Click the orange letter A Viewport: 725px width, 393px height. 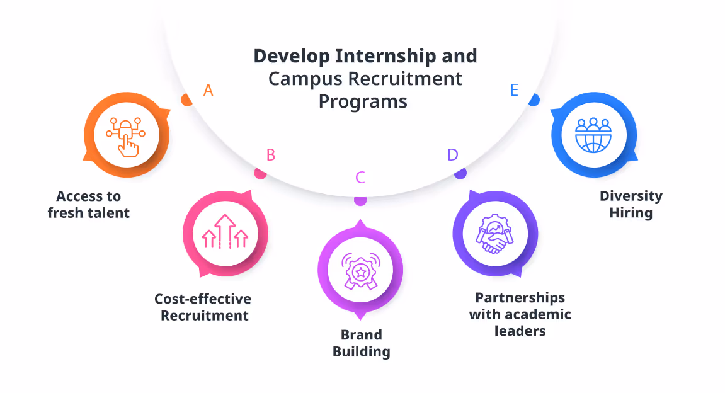(208, 91)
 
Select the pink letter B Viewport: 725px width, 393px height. (271, 155)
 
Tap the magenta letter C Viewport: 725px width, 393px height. (360, 178)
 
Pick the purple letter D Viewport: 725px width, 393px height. (452, 155)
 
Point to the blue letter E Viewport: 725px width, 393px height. (515, 91)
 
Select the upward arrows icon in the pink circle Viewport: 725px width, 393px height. (225, 231)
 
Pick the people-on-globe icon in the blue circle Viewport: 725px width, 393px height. (593, 134)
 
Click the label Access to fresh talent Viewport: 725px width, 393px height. (89, 205)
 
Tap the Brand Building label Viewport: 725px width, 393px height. (362, 343)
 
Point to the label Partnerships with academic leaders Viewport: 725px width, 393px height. (520, 313)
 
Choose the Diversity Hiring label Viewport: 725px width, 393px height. (631, 204)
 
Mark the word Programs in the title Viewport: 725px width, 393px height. (363, 101)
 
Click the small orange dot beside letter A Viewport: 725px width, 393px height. (186, 100)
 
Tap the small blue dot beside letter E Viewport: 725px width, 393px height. (534, 100)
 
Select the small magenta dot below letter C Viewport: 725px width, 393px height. (360, 200)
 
